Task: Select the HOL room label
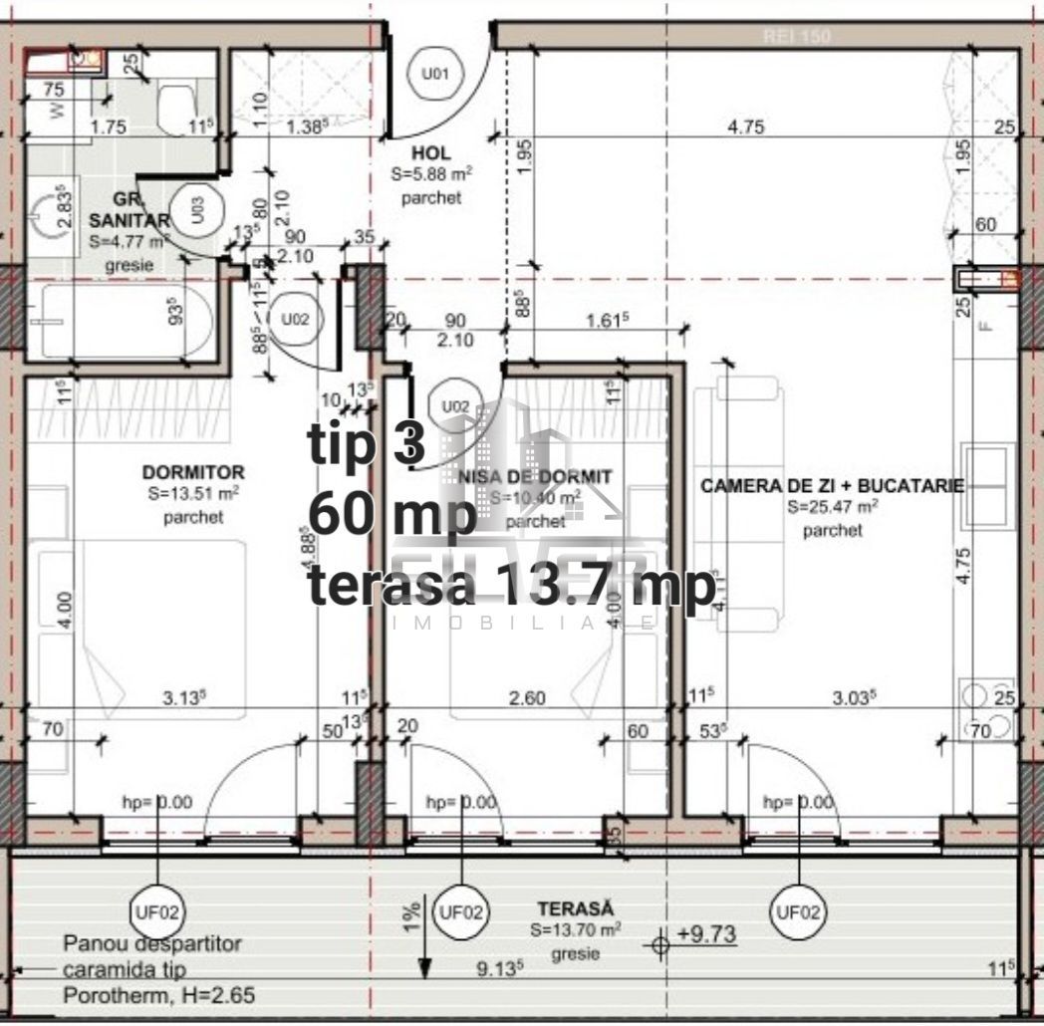pos(431,153)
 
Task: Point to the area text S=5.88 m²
pos(431,175)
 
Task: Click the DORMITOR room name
pos(193,471)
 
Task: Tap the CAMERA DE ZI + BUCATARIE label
pos(832,486)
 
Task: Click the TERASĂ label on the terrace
pos(575,908)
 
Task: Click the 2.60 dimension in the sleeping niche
pos(526,698)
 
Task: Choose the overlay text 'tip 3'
pos(367,444)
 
